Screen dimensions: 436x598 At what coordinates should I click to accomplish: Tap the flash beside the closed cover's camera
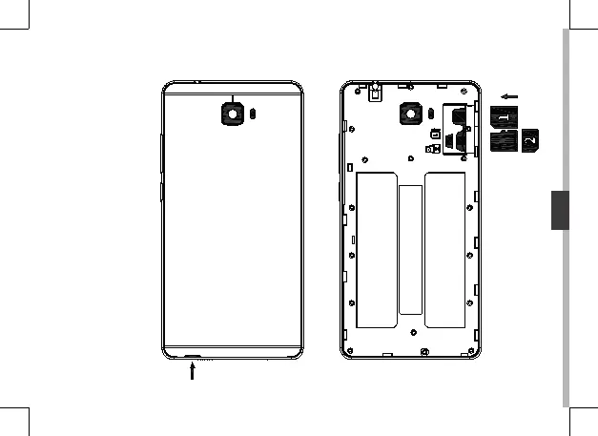point(253,113)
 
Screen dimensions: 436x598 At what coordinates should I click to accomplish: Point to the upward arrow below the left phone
point(194,372)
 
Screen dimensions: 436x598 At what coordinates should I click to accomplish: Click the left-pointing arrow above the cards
point(511,95)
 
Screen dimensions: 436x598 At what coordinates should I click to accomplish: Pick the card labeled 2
point(531,140)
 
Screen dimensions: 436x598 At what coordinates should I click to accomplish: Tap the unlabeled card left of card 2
point(503,141)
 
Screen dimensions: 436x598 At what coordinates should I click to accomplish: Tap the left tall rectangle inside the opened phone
point(375,248)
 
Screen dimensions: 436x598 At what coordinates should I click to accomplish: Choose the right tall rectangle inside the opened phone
point(444,248)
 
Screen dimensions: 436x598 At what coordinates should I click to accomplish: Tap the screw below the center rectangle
point(411,333)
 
